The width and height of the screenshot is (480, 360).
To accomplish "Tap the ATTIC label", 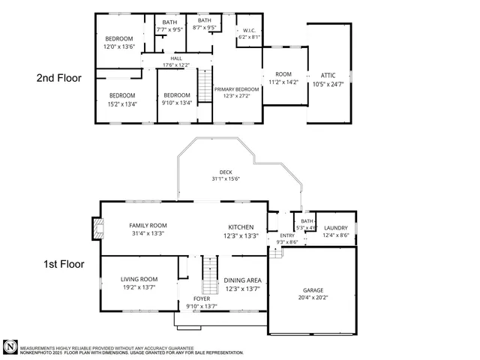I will (328, 76).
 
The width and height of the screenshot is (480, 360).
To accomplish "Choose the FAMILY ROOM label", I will (147, 225).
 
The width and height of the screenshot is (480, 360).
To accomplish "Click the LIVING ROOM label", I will (139, 279).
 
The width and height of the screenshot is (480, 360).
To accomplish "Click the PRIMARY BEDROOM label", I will (236, 89).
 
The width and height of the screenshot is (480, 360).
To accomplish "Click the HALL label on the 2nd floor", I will (176, 58).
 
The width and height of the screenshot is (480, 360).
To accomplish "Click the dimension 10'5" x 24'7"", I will (328, 84).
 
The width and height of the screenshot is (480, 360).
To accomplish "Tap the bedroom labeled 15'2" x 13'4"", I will (122, 99).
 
